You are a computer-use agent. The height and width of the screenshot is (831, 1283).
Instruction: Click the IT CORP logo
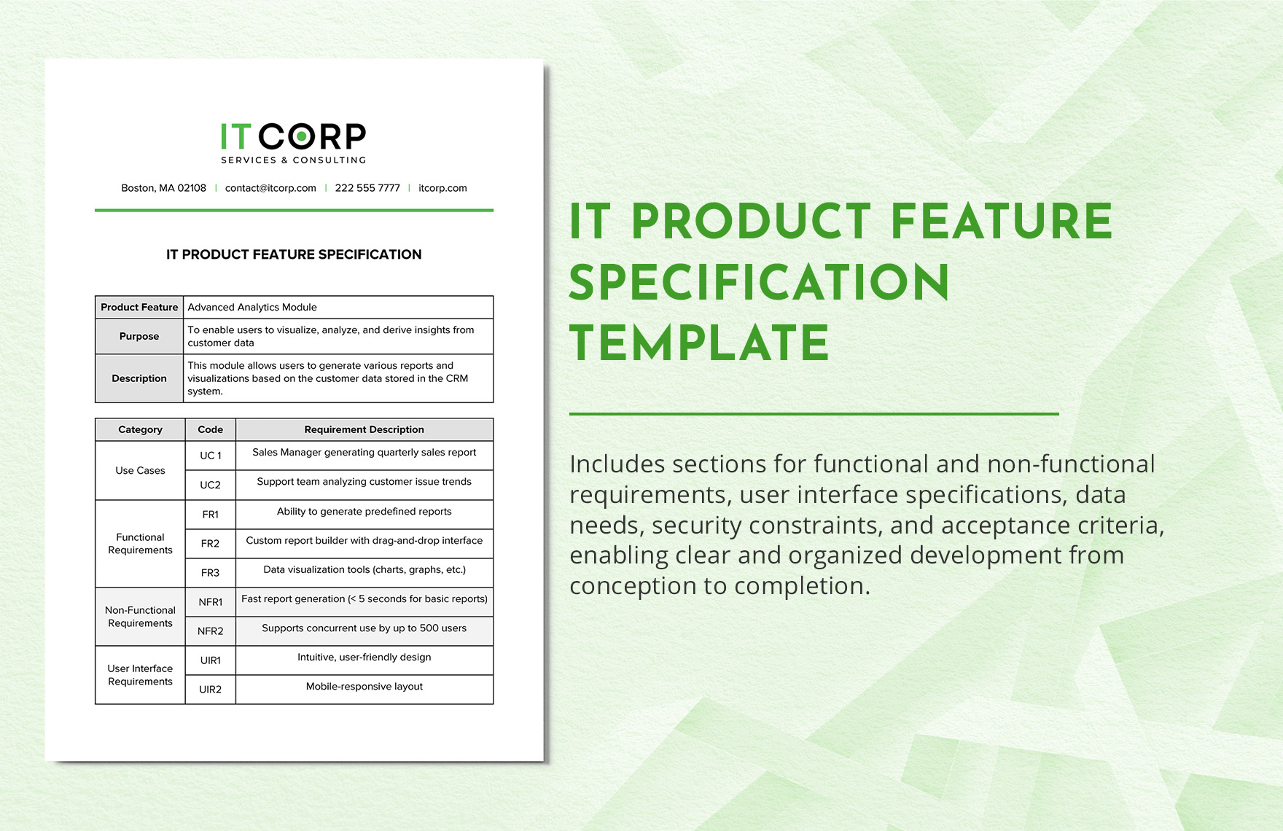coord(293,143)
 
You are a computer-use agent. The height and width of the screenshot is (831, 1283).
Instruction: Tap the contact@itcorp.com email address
coord(270,188)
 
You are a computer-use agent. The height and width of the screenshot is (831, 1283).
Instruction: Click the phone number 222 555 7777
coord(367,188)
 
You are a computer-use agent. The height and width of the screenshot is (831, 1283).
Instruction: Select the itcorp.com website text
coord(442,188)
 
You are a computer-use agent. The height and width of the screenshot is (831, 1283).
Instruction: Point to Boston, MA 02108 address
coord(163,188)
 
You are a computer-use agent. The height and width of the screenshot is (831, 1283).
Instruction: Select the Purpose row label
coord(139,336)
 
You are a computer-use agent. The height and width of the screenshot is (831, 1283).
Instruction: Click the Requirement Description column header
coord(364,429)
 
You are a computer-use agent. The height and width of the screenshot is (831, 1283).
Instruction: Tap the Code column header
coord(210,429)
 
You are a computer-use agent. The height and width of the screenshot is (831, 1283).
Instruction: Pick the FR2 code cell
coord(210,544)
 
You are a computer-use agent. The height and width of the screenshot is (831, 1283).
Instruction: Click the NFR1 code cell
coord(210,602)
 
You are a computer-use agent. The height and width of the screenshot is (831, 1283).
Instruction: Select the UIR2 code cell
coord(210,690)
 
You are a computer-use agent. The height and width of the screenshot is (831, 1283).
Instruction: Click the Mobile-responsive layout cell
coord(364,687)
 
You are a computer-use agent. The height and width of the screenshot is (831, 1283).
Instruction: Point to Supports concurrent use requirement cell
coord(364,628)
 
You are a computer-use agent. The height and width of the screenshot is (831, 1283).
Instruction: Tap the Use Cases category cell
coord(140,471)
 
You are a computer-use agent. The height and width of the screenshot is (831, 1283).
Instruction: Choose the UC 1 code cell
coord(210,456)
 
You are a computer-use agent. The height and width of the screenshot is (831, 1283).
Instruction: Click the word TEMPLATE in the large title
coord(699,343)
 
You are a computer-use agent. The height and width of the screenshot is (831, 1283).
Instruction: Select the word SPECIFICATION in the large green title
coord(759,283)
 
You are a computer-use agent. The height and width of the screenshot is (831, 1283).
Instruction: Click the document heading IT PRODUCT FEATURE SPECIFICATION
coord(294,254)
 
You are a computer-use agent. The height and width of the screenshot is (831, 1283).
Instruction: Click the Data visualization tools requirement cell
coord(364,570)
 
